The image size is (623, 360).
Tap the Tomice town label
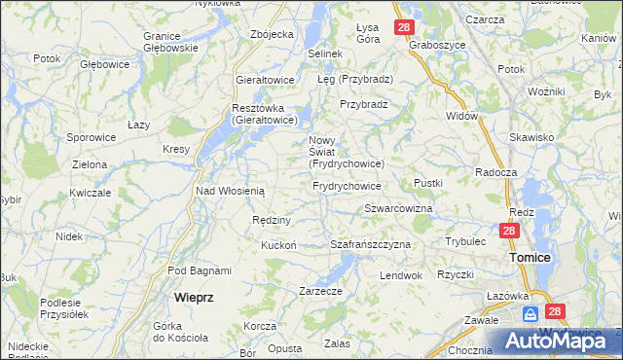530,257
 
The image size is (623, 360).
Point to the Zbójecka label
272,34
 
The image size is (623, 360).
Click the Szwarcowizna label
398,209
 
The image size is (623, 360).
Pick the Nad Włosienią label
230,191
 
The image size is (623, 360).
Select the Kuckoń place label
278,245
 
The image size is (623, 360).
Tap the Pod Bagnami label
200,270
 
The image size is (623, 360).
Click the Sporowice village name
92,138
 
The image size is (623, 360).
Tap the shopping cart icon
531,314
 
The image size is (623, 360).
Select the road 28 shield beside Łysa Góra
405,27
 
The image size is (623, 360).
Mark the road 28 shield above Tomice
509,231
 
